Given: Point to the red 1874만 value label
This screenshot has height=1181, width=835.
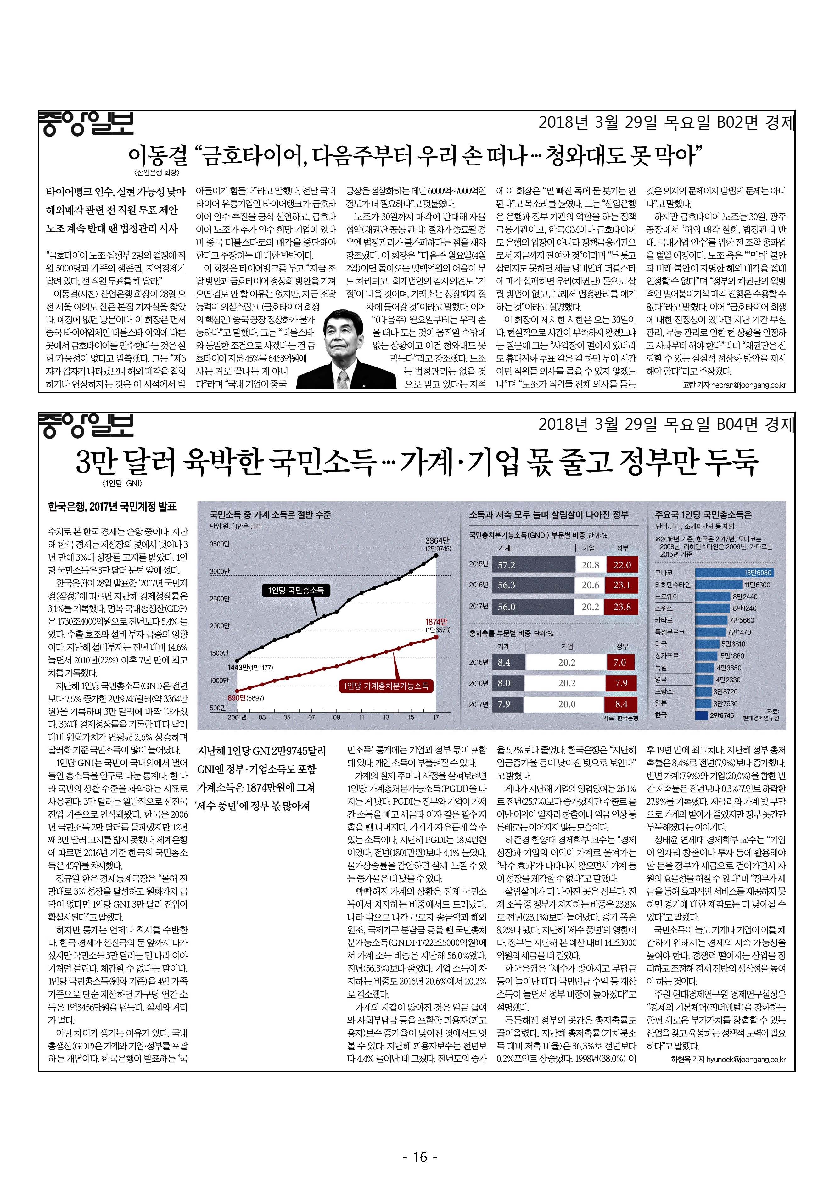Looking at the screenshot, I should pos(437,622).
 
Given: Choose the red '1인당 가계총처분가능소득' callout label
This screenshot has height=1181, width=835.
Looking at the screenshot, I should pos(386,685).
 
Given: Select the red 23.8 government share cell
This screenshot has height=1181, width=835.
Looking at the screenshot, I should pos(622,607).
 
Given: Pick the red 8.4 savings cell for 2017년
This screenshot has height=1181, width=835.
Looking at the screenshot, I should pos(621,704).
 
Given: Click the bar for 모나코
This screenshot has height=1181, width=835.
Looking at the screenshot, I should pos(735,573).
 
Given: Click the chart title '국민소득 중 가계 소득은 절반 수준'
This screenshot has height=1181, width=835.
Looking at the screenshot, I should pos(270,514).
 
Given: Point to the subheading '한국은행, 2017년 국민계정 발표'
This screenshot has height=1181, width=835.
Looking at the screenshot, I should pos(112,507).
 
